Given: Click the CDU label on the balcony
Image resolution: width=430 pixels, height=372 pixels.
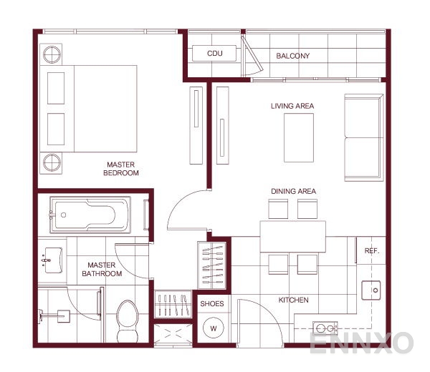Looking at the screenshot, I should pos(215,54).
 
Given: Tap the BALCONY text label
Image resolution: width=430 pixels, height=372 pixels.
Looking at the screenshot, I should pos(293,56).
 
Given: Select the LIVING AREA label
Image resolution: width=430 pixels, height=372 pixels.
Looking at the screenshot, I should pos(292,106).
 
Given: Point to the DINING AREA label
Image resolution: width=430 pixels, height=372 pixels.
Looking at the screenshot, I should pos(294,191).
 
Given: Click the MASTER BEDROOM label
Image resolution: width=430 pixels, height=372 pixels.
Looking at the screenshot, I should pos(121,168).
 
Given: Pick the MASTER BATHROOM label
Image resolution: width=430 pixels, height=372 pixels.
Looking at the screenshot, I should pos(102,269).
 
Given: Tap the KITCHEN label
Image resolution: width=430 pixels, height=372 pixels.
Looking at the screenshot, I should pos(294,300).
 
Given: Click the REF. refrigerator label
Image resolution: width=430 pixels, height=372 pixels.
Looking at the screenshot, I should pos(371,251).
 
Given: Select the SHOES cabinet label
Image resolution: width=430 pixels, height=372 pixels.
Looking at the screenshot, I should pos(212,303).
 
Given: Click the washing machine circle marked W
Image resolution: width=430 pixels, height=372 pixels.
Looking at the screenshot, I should pos(212,329).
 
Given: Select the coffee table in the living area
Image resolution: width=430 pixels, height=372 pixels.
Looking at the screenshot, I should pos(299,138).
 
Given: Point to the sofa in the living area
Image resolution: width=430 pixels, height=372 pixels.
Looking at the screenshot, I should pos(363,137).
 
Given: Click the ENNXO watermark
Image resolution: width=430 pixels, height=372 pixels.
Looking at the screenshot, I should pos(361,343).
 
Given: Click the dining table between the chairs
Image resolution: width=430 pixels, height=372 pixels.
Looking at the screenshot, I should pos(292,235).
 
